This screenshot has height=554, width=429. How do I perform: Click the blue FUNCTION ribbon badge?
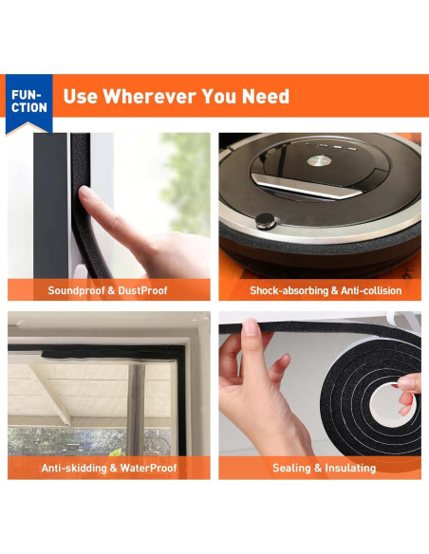29,104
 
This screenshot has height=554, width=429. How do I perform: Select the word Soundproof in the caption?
76,291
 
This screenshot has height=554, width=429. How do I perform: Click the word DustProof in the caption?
142,290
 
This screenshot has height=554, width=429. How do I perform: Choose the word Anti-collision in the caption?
371,291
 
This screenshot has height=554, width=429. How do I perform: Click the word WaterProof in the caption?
148,468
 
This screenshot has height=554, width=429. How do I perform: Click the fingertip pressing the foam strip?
84,194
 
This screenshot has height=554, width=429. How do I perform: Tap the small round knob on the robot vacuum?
265,221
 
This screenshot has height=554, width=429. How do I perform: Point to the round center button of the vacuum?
319,160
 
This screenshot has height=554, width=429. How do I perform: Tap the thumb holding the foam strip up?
252,328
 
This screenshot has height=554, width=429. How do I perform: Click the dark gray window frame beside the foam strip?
50,206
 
